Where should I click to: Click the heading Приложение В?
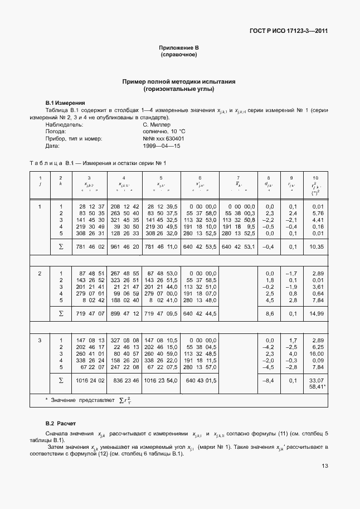(x=179, y=49)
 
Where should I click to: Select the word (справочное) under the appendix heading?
(x=179, y=55)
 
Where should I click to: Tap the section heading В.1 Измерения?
(x=65, y=103)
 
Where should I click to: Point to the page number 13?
(x=324, y=482)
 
